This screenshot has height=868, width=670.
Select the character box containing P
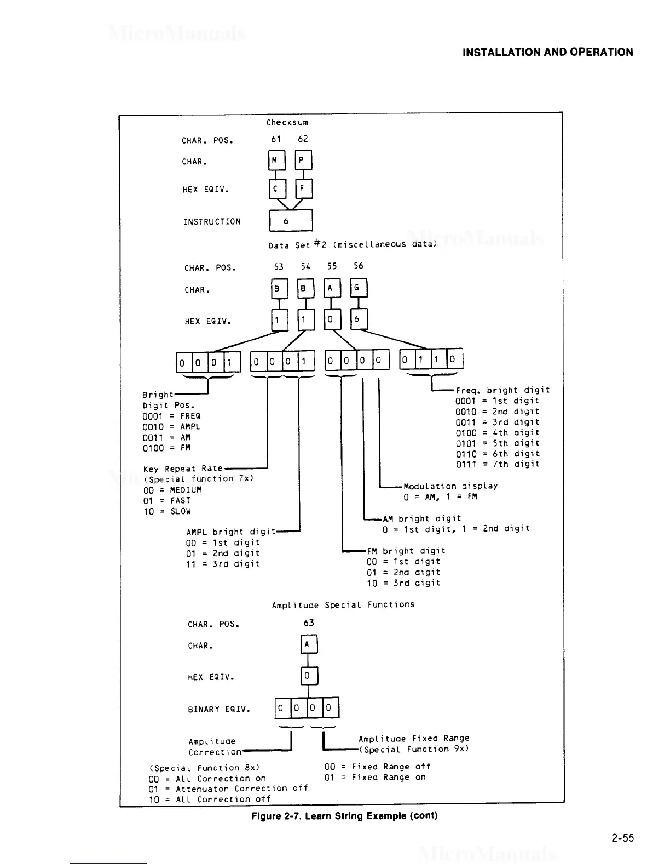(303, 160)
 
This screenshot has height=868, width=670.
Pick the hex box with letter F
(303, 189)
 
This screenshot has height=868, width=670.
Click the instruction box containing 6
(291, 221)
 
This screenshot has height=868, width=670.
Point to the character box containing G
(359, 288)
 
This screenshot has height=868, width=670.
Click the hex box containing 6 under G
(359, 319)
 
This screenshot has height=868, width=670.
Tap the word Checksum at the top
(287, 122)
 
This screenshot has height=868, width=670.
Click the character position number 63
(309, 623)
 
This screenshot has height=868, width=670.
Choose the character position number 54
(305, 266)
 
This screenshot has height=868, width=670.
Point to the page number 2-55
(623, 838)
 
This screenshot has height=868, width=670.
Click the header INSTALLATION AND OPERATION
(548, 53)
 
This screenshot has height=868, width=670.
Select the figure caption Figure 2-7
(344, 815)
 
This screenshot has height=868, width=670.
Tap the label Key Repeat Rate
(183, 469)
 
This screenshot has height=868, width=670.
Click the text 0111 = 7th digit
(498, 464)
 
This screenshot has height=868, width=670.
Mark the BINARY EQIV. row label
(219, 709)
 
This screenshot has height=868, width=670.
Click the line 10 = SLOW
(167, 511)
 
